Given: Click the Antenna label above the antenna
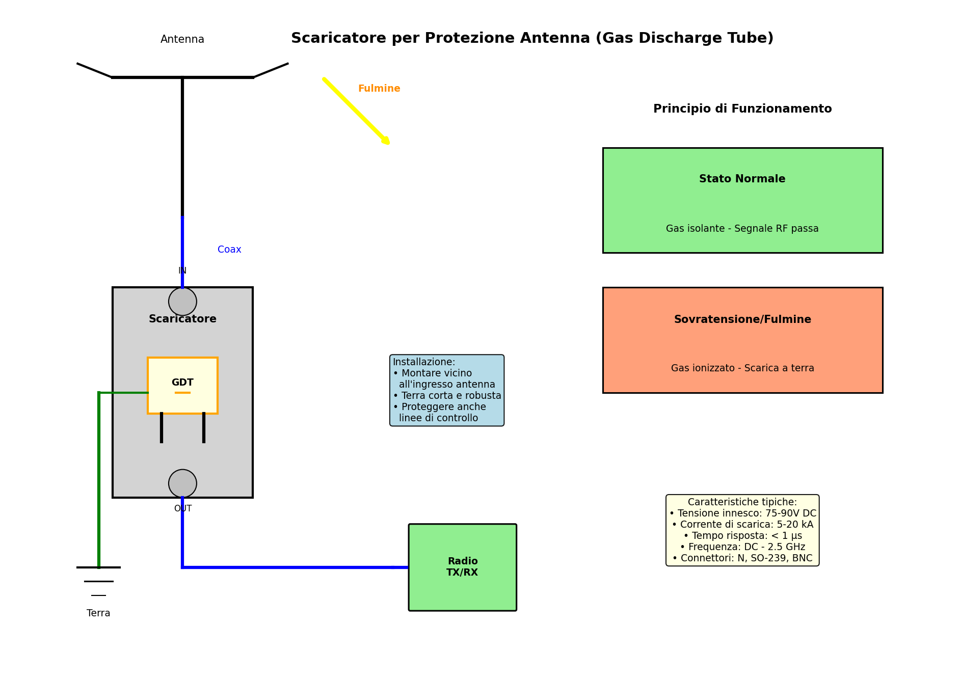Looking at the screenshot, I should (x=182, y=40).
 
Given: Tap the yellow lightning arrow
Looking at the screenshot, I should (x=356, y=111).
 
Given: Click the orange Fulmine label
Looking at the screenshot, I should (x=379, y=89).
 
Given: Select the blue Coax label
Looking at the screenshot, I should (x=229, y=250).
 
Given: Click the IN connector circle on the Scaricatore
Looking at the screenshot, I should (x=182, y=302).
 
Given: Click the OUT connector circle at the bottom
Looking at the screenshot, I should (x=182, y=483).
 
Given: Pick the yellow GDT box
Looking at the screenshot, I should (x=182, y=385).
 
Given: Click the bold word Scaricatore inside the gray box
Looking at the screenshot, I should (x=182, y=319).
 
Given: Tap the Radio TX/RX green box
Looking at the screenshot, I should (x=462, y=567).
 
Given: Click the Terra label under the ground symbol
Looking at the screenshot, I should (x=98, y=613).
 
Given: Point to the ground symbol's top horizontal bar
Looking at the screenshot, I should (x=98, y=567).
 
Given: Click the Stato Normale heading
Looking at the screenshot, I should (x=742, y=179).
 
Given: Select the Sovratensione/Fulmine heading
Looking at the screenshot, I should (x=742, y=320).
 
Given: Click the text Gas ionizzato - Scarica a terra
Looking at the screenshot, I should (x=742, y=368).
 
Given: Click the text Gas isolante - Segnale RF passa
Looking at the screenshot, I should (x=742, y=229).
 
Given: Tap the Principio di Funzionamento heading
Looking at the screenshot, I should (x=742, y=109).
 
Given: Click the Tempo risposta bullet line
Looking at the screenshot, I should (x=742, y=536).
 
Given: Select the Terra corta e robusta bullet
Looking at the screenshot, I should (x=447, y=396).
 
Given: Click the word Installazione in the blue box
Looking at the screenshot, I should (x=423, y=362).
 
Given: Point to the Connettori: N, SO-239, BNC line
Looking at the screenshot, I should (x=742, y=558).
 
